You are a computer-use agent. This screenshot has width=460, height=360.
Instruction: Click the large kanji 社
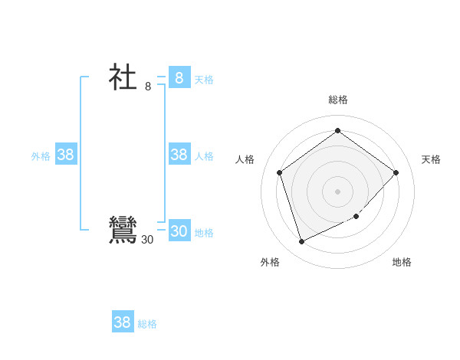click(123, 77)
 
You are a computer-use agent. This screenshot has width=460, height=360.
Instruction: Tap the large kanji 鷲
click(123, 231)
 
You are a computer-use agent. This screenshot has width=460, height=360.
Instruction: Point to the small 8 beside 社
click(148, 87)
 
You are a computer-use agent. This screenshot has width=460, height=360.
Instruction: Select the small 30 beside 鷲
click(147, 240)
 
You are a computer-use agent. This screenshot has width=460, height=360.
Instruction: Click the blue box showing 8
click(179, 77)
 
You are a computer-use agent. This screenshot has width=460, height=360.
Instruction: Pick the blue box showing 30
click(179, 231)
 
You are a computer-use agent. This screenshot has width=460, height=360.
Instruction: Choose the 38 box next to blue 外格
click(66, 155)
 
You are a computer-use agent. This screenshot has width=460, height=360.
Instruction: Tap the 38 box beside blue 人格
click(179, 155)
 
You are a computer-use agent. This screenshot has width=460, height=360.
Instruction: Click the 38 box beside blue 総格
click(123, 322)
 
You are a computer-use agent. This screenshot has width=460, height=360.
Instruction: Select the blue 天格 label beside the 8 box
click(204, 80)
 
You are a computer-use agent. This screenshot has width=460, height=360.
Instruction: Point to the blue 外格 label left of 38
click(41, 156)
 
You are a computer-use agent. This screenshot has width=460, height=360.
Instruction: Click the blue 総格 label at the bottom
click(147, 324)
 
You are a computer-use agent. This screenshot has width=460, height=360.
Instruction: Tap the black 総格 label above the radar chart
click(337, 100)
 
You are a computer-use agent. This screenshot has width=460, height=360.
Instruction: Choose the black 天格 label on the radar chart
click(431, 159)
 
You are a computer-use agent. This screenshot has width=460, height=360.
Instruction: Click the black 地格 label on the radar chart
click(402, 262)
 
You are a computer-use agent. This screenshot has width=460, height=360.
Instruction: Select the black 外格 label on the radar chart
click(270, 262)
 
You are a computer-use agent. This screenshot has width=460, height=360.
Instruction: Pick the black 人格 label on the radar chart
click(245, 159)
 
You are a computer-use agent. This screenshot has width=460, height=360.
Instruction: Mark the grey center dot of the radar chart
click(337, 191)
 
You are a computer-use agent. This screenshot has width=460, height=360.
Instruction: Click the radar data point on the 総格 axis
click(337, 131)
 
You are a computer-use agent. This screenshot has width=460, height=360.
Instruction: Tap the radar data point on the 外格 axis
click(301, 242)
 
